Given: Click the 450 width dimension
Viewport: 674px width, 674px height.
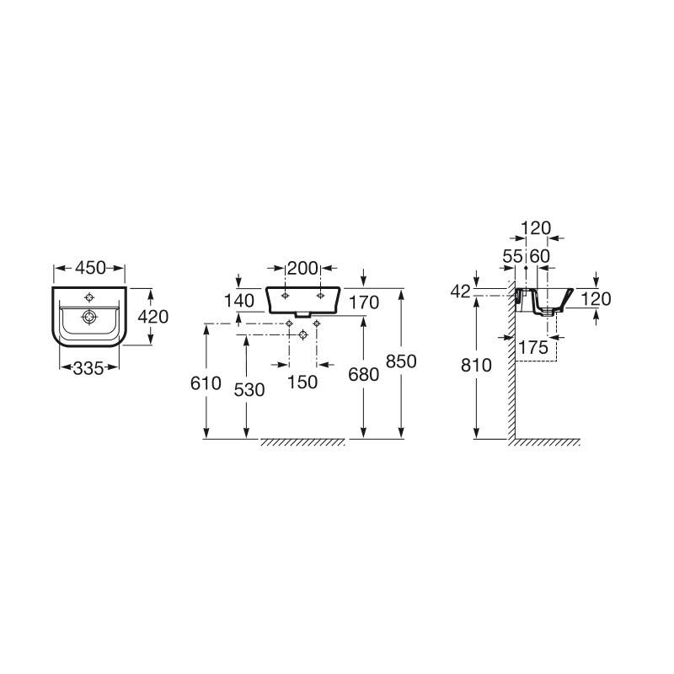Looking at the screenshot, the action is (90, 268).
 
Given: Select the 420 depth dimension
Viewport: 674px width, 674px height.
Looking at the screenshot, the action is (153, 317).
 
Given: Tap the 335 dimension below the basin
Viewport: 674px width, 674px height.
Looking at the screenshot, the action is (88, 368).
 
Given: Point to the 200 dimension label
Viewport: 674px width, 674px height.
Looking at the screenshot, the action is (302, 268).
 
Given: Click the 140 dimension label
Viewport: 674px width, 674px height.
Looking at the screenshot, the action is (239, 301).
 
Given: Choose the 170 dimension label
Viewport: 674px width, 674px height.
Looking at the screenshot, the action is (364, 302).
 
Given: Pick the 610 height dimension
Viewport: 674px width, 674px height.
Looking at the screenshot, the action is (206, 383).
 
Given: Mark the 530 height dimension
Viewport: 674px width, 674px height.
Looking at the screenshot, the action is (249, 390).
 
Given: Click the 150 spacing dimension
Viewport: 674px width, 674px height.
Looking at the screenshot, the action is (302, 382).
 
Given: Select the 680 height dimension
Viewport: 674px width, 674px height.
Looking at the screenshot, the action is (364, 375).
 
